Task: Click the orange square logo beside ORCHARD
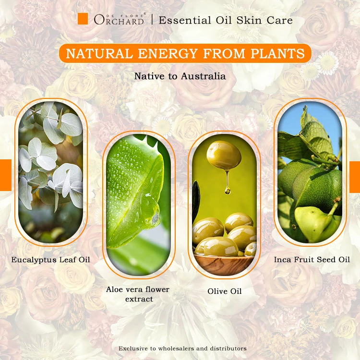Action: (x=83, y=19)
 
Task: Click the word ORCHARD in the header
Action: (x=119, y=20)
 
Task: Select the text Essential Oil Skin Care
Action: (x=226, y=20)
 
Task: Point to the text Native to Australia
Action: (x=180, y=76)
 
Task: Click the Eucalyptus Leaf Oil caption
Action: (x=51, y=260)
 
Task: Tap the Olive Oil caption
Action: (x=224, y=291)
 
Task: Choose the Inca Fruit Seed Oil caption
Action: (x=312, y=260)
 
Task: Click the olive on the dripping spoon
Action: (x=224, y=155)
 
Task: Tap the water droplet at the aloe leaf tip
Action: (x=155, y=220)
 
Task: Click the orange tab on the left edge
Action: (x=5, y=175)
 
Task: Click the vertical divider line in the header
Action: (x=152, y=20)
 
